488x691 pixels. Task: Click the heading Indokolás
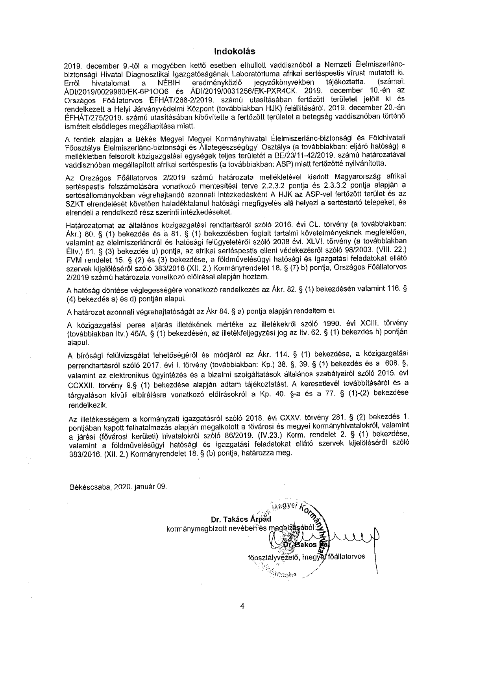pyautogui.click(x=235, y=52)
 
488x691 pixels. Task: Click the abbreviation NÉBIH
pyautogui.click(x=168, y=83)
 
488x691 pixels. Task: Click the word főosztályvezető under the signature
pyautogui.click(x=271, y=557)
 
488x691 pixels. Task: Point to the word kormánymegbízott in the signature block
pyautogui.click(x=193, y=528)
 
